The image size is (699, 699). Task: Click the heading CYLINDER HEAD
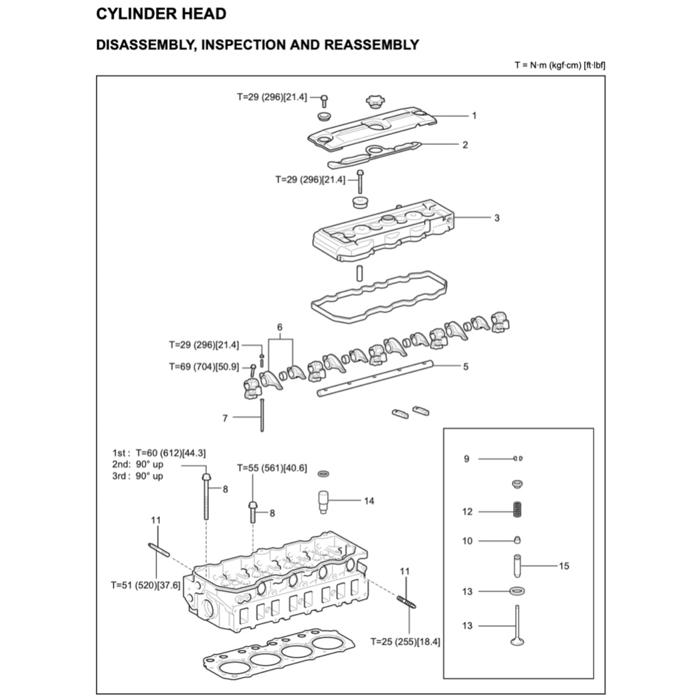(161, 14)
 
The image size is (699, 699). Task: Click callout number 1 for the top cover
(474, 115)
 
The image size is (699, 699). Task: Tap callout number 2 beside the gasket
(465, 145)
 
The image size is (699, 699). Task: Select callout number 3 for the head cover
(497, 218)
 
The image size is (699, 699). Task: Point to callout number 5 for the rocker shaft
(466, 367)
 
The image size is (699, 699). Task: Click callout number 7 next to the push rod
(225, 418)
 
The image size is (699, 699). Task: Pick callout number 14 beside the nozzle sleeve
(369, 501)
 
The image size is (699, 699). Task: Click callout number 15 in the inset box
(564, 566)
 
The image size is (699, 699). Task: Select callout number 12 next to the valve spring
(467, 511)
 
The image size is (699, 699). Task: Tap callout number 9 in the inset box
(467, 459)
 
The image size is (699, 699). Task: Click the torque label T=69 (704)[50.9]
(203, 367)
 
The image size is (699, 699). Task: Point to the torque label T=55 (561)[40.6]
(272, 468)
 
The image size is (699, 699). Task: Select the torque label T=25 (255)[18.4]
(405, 642)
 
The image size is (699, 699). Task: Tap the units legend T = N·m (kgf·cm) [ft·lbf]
(560, 65)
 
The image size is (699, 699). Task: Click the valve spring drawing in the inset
(517, 511)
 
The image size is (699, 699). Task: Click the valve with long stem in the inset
(517, 625)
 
